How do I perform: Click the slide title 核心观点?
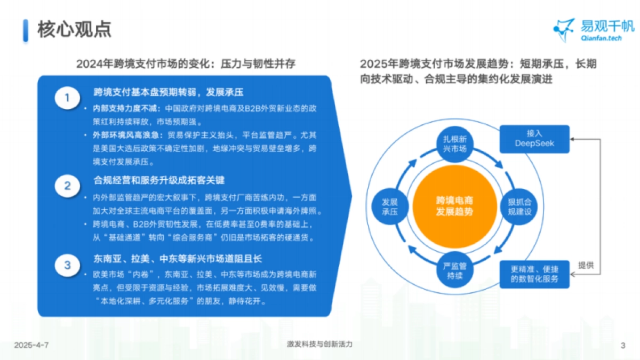tap(74, 30)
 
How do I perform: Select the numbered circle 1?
tap(67, 98)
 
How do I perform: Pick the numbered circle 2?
tap(67, 186)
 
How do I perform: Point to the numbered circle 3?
tap(67, 265)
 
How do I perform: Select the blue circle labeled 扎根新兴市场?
tap(454, 143)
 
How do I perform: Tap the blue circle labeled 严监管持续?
tap(454, 270)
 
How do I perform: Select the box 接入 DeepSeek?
tap(534, 139)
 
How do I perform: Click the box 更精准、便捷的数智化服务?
tap(534, 274)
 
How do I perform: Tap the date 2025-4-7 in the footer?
tap(31, 345)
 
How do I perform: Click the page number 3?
tap(623, 345)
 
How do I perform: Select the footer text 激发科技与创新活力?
tap(319, 345)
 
